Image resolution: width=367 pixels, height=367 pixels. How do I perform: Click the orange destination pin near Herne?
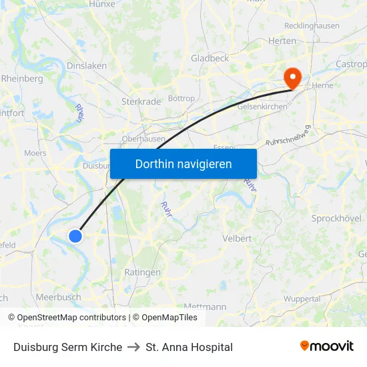point(292,77)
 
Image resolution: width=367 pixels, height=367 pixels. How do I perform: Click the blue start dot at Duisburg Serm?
point(75,236)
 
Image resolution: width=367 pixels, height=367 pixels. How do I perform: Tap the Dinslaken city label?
point(87,65)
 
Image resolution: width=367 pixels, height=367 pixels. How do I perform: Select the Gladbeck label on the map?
point(210,58)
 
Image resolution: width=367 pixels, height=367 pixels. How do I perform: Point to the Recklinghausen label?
point(312,26)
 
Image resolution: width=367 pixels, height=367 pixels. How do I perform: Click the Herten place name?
point(282,41)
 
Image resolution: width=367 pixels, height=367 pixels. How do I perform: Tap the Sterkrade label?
point(141,101)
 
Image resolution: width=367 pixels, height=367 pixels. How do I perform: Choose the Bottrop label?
point(181,98)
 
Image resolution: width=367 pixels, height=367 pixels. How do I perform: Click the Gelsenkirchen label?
point(262,107)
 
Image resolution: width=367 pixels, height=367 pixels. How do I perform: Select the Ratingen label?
point(142,272)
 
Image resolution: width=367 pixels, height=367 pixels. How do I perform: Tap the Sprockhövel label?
point(336,218)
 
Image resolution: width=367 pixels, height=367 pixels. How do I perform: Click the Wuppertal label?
point(302,298)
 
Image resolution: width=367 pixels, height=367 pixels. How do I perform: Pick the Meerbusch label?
point(59,297)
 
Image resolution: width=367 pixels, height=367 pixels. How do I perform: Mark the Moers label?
point(35,153)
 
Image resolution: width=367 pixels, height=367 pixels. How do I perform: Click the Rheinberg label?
point(22,78)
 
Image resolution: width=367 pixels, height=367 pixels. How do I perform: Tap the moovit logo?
point(327,346)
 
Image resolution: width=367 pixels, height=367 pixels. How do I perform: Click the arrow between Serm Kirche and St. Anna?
point(133,347)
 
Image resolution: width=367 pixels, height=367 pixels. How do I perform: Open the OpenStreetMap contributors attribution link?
point(71,318)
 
